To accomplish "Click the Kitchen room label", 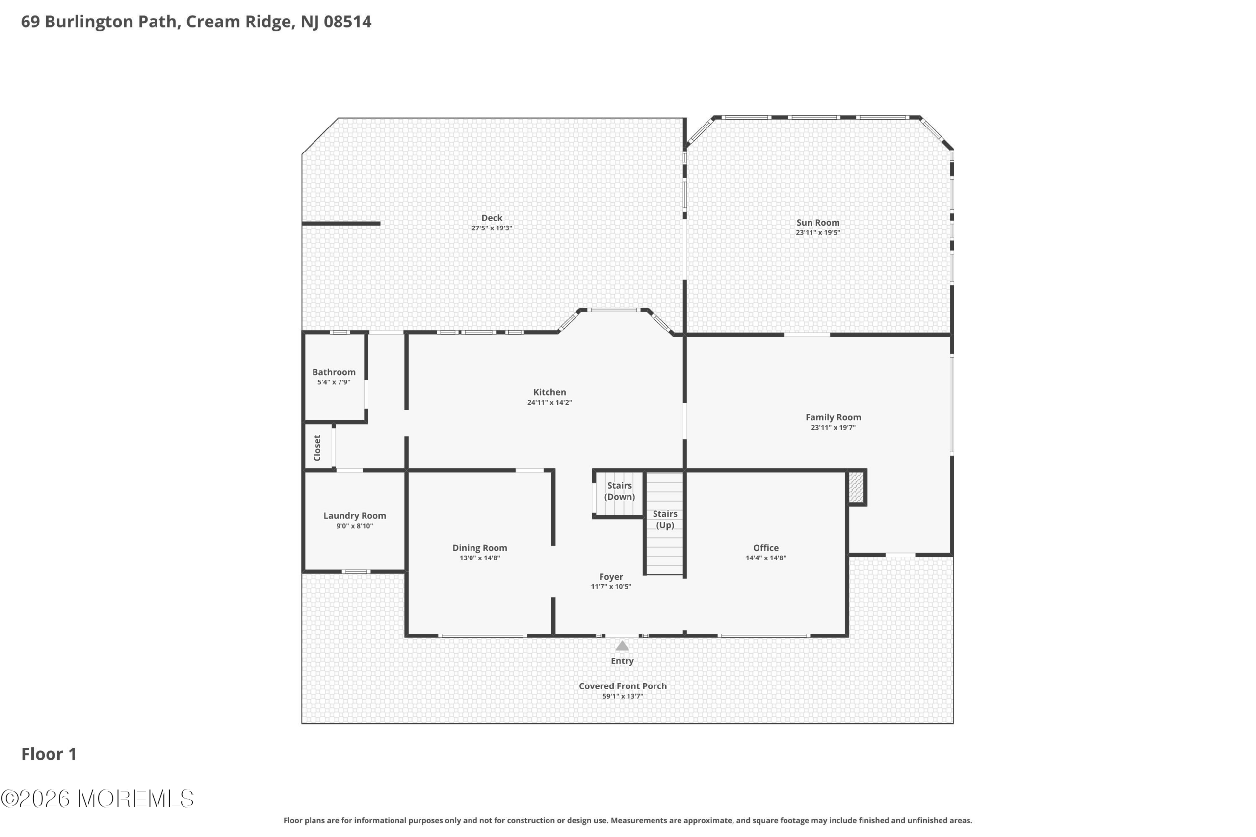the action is pyautogui.click(x=549, y=392).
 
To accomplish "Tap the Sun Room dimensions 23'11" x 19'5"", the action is pyautogui.click(x=817, y=233).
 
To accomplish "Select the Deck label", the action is pyautogui.click(x=492, y=218).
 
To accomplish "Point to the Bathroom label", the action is pyautogui.click(x=334, y=372).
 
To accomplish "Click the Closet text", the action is pyautogui.click(x=317, y=448).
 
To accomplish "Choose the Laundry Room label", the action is pyautogui.click(x=355, y=516).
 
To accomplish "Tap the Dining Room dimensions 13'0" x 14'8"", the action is pyautogui.click(x=479, y=558).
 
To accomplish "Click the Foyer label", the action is pyautogui.click(x=611, y=577).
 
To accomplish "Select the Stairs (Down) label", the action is pyautogui.click(x=620, y=491).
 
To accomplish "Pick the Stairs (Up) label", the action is pyautogui.click(x=665, y=519).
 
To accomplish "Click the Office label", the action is pyautogui.click(x=766, y=548).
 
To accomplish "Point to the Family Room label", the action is pyautogui.click(x=833, y=417).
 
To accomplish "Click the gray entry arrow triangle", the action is pyautogui.click(x=622, y=646).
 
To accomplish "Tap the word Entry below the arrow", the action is pyautogui.click(x=622, y=661).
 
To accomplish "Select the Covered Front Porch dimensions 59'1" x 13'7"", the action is pyautogui.click(x=623, y=696).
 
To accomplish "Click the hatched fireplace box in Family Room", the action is pyautogui.click(x=856, y=487).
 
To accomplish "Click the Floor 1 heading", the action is pyautogui.click(x=49, y=754).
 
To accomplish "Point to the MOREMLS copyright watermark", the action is pyautogui.click(x=97, y=799).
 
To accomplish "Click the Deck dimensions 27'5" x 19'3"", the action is pyautogui.click(x=492, y=228).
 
